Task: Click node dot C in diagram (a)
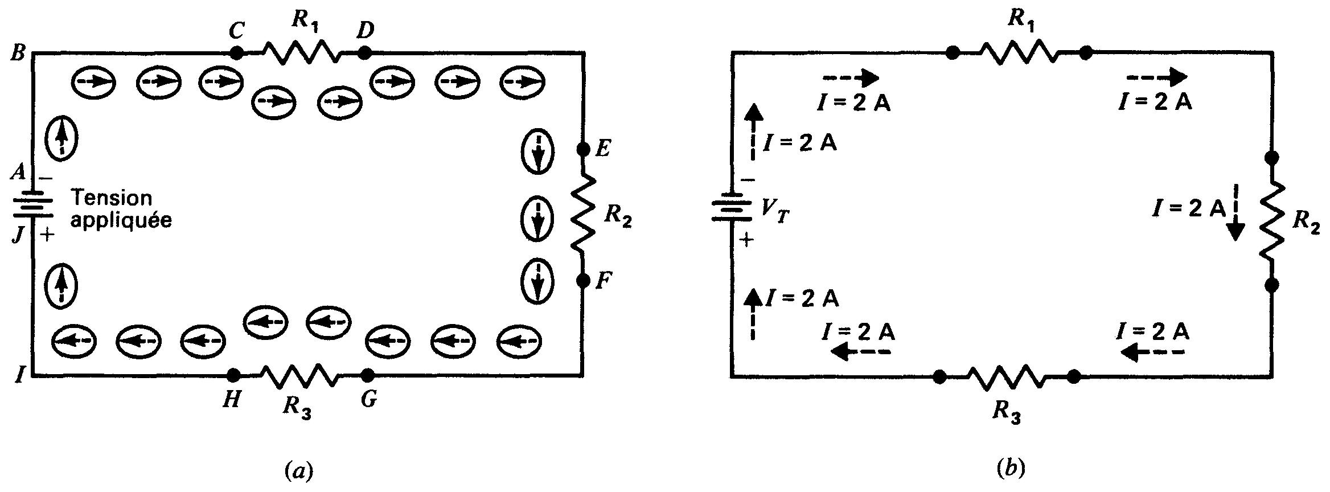click(x=237, y=54)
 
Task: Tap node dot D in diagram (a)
click(x=365, y=54)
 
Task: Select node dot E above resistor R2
click(x=583, y=150)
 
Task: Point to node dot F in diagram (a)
click(x=583, y=280)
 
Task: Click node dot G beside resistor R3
click(x=368, y=375)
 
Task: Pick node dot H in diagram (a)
click(x=232, y=375)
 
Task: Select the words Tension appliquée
click(x=120, y=209)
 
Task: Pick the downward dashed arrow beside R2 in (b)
click(x=1234, y=219)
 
